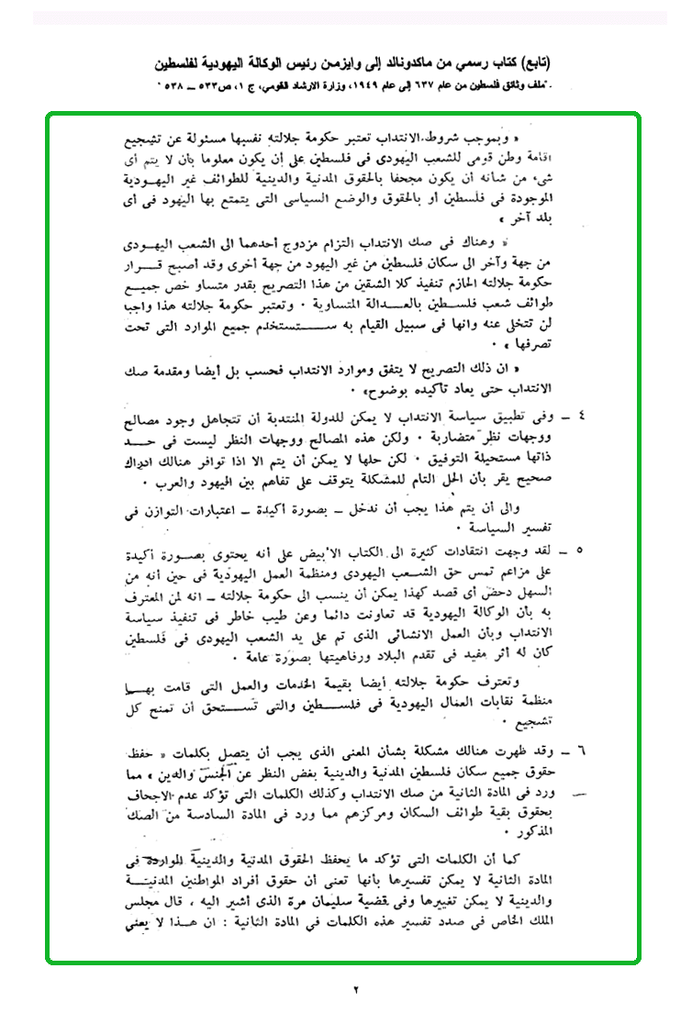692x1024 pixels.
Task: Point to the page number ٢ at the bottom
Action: (355, 988)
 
